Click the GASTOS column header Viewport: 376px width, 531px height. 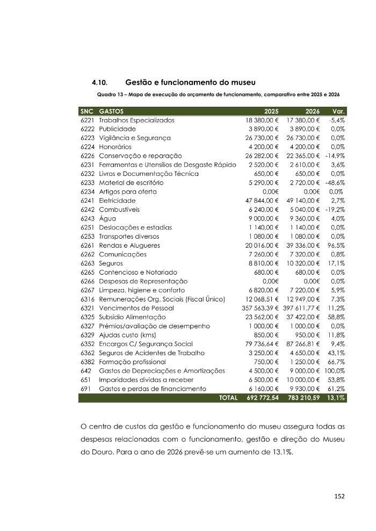tap(111, 112)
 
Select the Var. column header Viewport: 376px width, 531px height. tap(339, 112)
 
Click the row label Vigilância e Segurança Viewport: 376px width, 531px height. tap(134, 138)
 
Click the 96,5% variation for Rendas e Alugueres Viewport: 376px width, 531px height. tap(336, 245)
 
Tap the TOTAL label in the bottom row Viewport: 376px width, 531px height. tap(228, 398)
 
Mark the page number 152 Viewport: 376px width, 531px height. tap(339, 496)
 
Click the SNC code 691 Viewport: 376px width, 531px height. tap(85, 388)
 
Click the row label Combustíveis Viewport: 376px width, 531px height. tap(118, 210)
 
